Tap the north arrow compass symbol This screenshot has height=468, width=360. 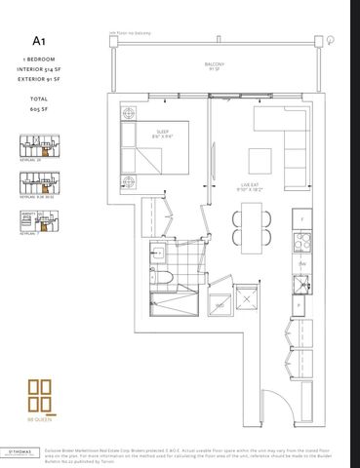click(x=332, y=40)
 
